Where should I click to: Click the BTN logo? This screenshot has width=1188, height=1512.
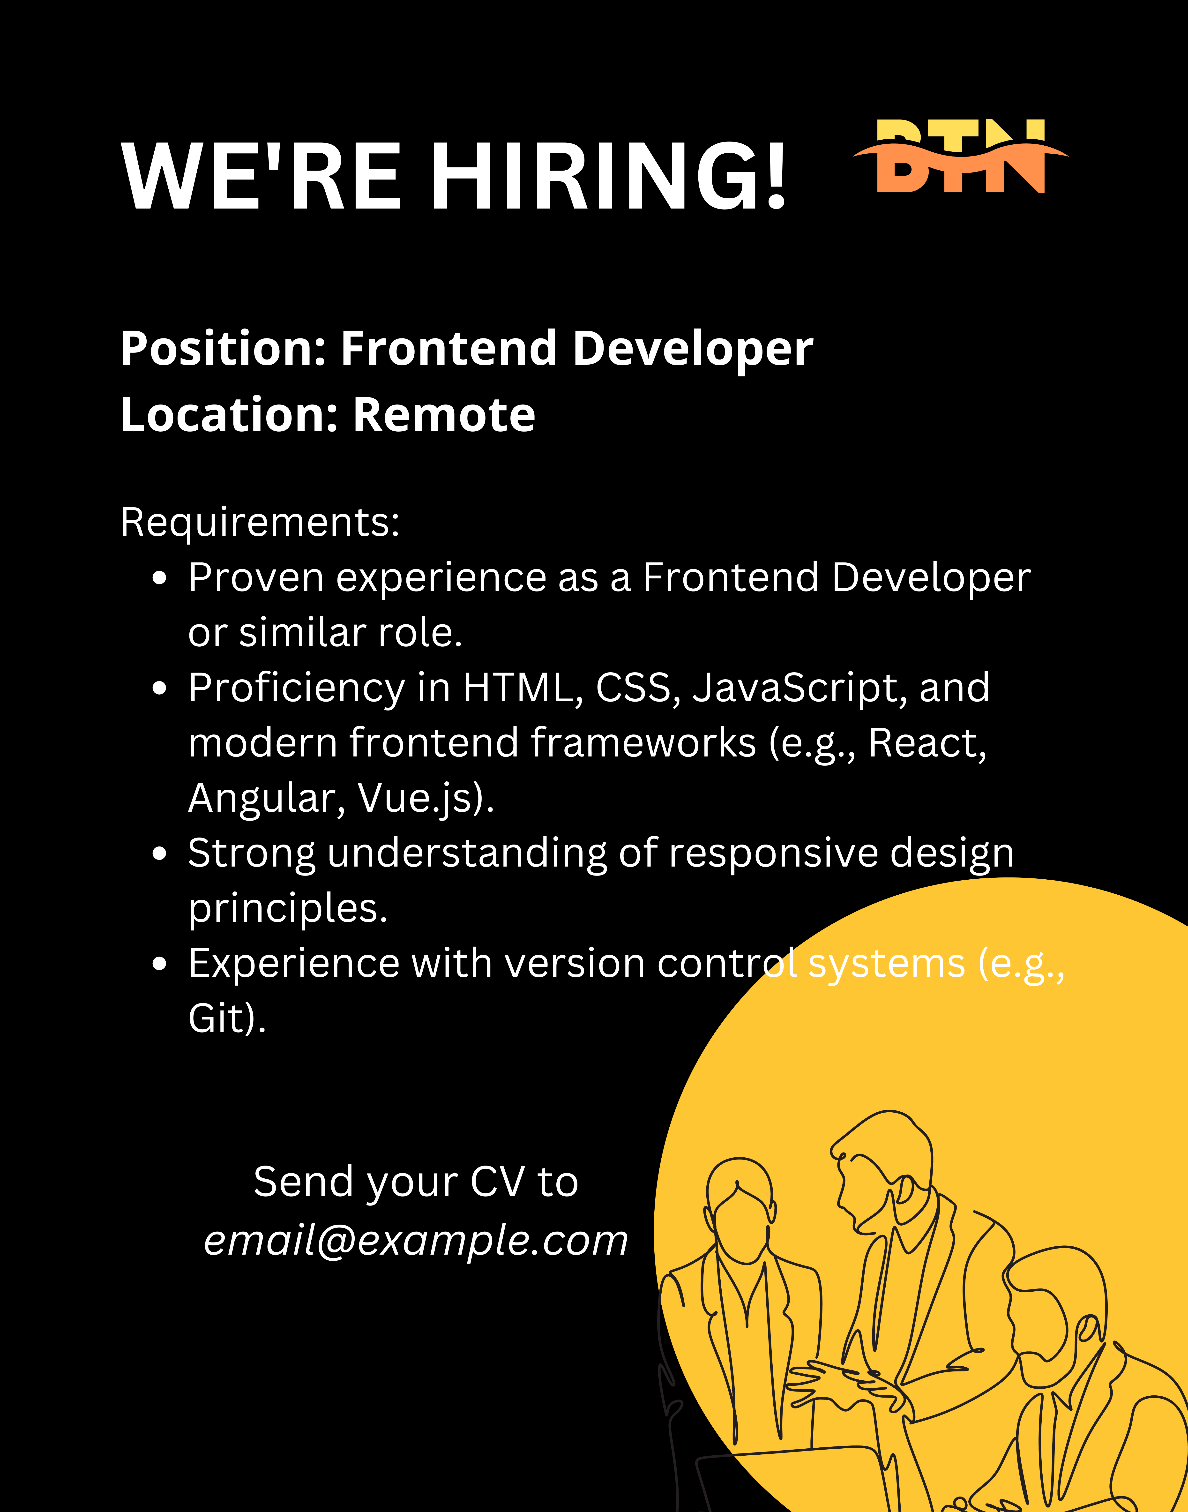961,157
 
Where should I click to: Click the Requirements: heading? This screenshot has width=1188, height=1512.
260,522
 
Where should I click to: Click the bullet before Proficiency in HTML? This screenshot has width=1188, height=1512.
160,689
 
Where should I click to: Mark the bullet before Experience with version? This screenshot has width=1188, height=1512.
160,964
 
